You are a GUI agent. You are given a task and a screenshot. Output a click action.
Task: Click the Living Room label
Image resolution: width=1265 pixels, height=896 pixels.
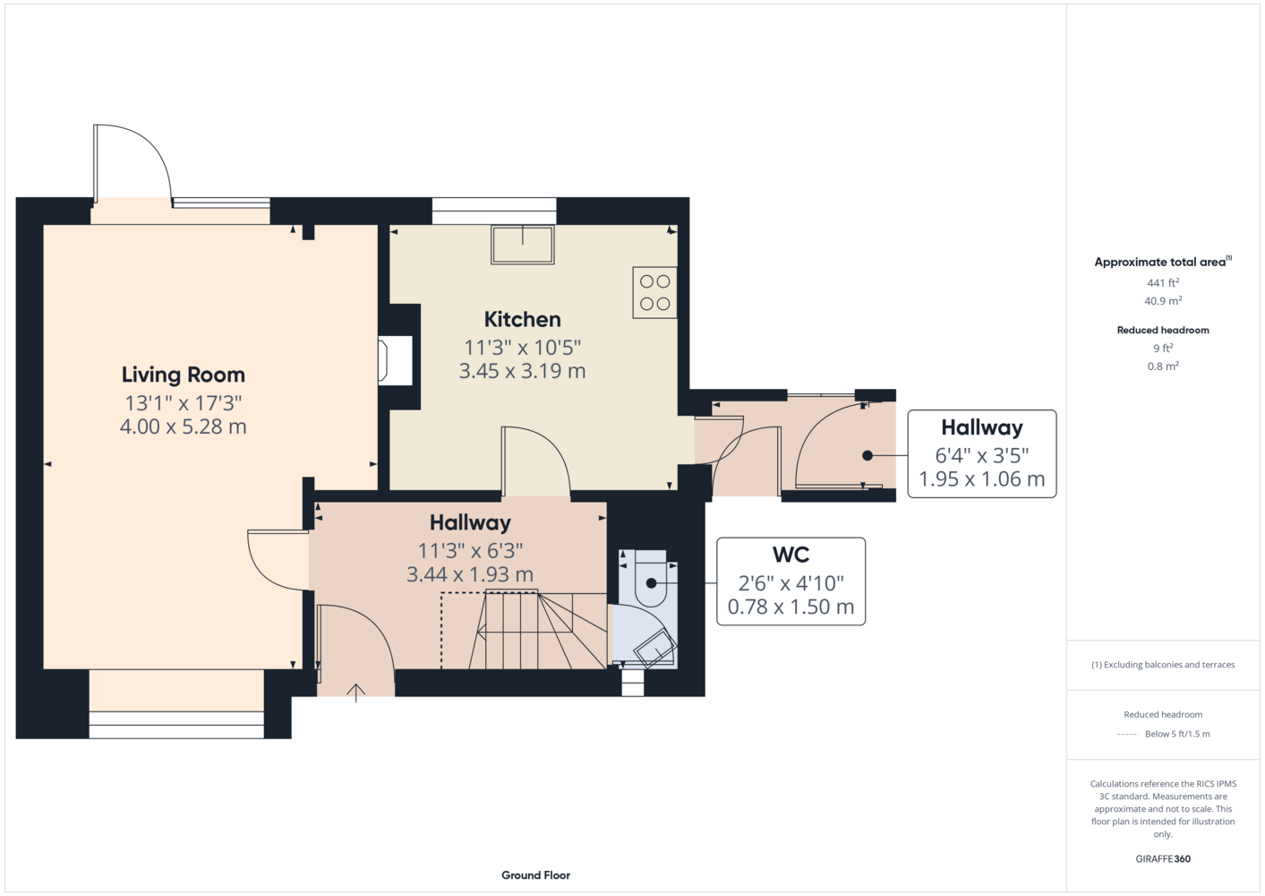coord(184,375)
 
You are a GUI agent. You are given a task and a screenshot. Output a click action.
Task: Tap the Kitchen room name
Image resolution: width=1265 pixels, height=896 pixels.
coord(522,319)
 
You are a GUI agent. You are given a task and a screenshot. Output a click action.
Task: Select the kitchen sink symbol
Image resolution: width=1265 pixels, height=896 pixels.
coord(522,245)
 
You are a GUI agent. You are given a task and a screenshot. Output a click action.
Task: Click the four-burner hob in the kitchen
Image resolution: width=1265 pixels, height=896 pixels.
coord(655,292)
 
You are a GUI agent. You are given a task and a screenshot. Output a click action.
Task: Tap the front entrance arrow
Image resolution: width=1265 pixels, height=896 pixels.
coord(355,694)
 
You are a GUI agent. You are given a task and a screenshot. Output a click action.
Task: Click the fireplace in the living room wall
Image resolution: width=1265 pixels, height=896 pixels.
coord(395,361)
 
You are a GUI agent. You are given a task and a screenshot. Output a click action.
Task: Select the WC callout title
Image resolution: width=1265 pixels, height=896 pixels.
coord(791,555)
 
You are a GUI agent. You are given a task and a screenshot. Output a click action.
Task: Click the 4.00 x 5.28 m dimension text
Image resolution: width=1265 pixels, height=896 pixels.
coord(184,426)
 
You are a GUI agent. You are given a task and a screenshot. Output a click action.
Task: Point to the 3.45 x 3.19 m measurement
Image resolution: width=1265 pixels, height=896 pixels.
coord(522,371)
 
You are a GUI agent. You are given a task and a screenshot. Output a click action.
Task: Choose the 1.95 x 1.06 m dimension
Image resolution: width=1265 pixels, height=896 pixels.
coord(982,478)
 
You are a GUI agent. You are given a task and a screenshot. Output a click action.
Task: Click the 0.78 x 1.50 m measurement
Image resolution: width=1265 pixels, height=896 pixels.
coord(791,607)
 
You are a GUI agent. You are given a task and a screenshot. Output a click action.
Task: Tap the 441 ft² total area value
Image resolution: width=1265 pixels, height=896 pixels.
coord(1163,282)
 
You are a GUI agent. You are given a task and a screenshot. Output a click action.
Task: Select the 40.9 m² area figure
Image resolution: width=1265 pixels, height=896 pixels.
coord(1163,301)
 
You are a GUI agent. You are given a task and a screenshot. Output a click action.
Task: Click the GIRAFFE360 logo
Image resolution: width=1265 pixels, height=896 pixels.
coord(1163,858)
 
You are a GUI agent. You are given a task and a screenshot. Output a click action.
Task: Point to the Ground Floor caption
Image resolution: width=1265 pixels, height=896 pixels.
coord(536,875)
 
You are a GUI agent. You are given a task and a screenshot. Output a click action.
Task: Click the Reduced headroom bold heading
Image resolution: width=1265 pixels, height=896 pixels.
coord(1163,330)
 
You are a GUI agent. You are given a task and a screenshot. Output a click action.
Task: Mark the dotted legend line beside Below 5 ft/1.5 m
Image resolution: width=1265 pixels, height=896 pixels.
coord(1127,735)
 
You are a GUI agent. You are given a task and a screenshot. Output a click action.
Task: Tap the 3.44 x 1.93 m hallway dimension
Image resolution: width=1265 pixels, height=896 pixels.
coord(470,574)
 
